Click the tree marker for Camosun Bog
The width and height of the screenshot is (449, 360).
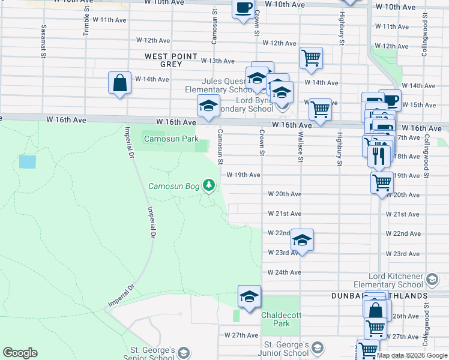[x=209, y=185]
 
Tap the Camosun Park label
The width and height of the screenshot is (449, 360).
[x=170, y=139]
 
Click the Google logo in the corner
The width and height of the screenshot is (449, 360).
[x=20, y=353]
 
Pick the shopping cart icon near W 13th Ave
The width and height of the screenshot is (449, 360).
[x=311, y=58]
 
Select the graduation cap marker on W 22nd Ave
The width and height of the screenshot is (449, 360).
[x=302, y=240]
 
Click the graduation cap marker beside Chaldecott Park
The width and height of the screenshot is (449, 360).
[x=249, y=296]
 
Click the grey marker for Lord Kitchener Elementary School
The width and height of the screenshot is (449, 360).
[x=431, y=279]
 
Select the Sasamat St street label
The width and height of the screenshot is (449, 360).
[x=43, y=37]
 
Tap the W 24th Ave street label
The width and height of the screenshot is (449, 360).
[x=284, y=272]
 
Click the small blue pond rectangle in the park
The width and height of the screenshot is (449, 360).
[x=27, y=162]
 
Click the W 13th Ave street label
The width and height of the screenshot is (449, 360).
[x=217, y=61]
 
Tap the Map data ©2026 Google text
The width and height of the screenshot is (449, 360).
[x=412, y=355]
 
